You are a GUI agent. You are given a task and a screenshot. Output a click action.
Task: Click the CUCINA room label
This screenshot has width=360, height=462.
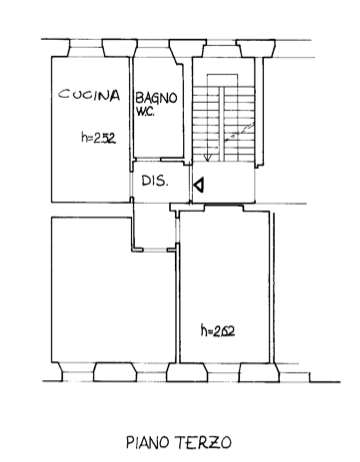(x=89, y=95)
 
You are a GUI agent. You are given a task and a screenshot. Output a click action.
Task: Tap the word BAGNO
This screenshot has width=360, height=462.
(x=156, y=98)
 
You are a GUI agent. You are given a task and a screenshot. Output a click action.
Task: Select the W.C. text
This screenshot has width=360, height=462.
(x=145, y=112)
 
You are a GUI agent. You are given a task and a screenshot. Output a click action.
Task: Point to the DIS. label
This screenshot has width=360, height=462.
(x=155, y=181)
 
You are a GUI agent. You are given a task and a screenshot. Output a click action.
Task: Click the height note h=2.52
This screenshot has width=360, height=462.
(x=98, y=138)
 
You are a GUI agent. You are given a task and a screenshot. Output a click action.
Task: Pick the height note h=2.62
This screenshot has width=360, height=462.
(x=218, y=331)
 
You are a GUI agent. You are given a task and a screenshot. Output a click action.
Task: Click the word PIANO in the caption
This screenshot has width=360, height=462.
(x=147, y=443)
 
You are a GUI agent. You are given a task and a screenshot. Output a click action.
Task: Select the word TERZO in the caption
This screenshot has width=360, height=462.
(x=203, y=443)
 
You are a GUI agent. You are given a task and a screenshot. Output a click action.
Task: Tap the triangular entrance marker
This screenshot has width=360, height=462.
(x=199, y=186)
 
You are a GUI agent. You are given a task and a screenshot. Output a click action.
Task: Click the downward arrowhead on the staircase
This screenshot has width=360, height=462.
(x=208, y=158)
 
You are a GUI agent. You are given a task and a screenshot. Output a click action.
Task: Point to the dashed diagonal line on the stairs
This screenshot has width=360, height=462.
(x=240, y=132)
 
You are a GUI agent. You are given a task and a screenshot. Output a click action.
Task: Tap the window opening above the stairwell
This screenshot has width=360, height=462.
(x=221, y=51)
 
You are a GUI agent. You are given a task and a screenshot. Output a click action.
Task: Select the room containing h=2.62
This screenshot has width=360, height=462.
(x=224, y=287)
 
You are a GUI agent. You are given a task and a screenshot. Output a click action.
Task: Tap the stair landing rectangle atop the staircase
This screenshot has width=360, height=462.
(x=222, y=80)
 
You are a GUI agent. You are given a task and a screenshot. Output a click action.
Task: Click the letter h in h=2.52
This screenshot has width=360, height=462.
(x=84, y=137)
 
